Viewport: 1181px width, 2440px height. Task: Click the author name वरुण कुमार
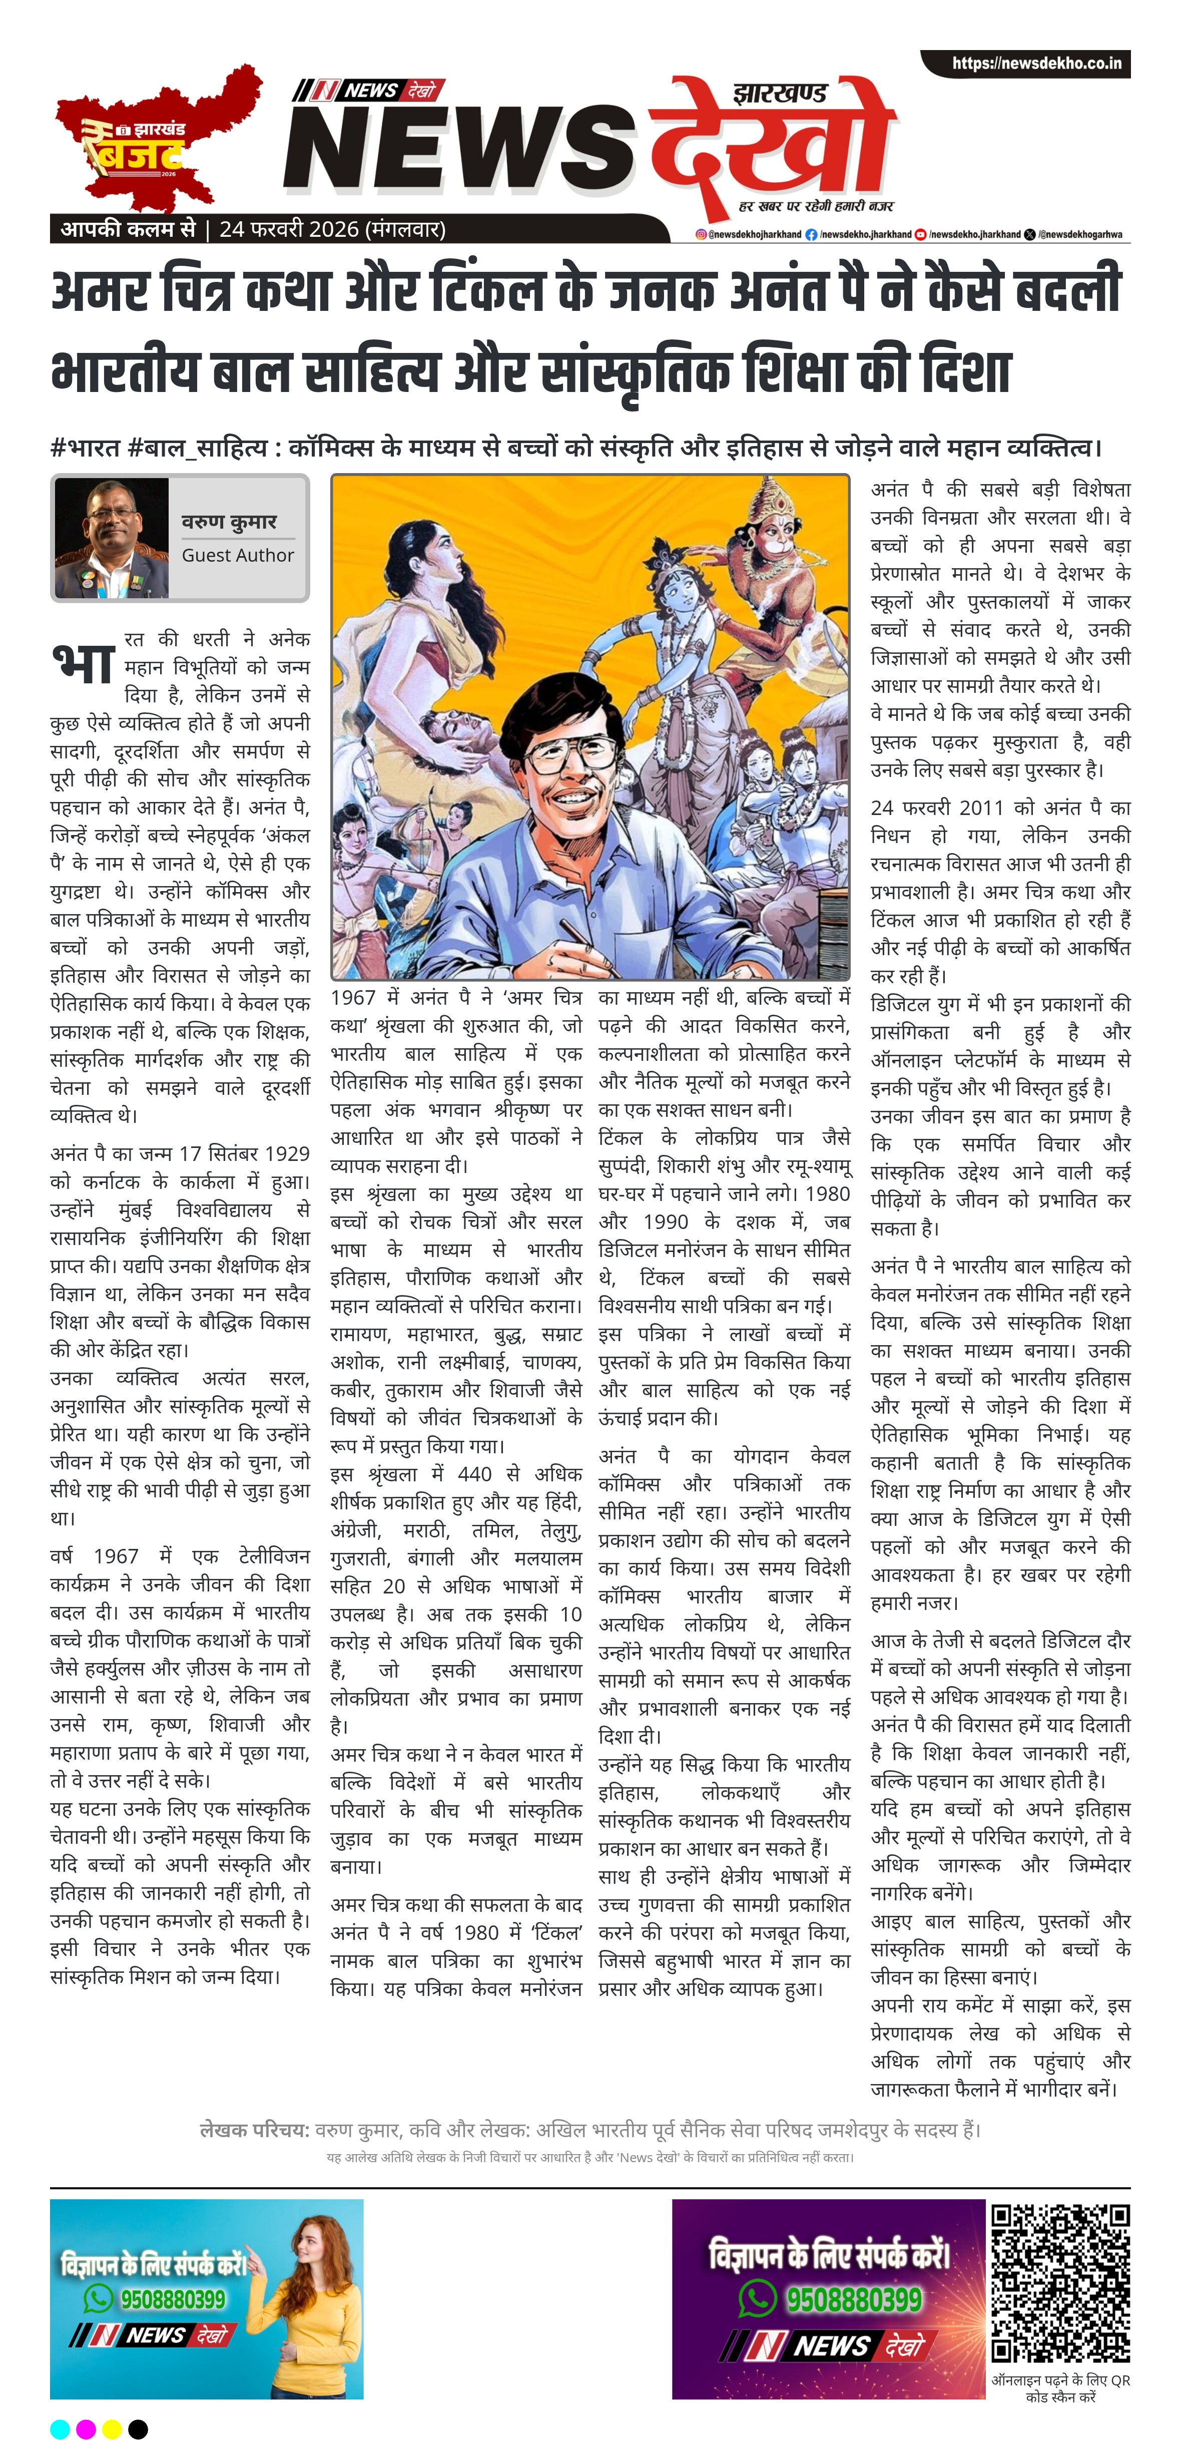(229, 522)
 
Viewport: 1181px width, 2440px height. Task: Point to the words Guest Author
(238, 555)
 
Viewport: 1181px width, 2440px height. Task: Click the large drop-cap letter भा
(84, 662)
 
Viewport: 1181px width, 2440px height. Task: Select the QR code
(1061, 2283)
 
